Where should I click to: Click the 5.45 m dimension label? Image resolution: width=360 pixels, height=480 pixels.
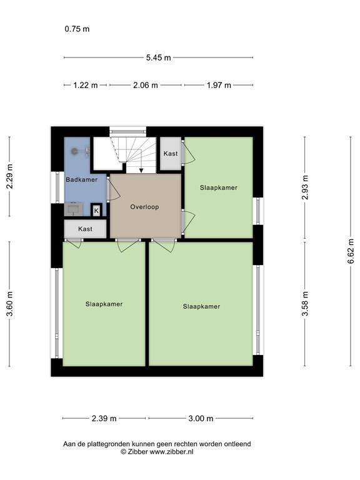(x=159, y=57)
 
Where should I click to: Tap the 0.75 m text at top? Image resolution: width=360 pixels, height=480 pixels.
(x=77, y=29)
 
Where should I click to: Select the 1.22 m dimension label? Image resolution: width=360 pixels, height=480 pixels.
(x=86, y=86)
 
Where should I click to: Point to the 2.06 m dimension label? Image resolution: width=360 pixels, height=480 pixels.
(x=146, y=86)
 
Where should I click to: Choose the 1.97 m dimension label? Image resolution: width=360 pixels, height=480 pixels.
(x=219, y=86)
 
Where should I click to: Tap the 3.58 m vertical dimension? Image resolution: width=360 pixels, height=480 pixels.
(x=304, y=304)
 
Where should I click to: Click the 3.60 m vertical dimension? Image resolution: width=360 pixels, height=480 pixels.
(x=9, y=304)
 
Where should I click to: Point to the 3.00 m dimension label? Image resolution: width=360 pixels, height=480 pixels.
(x=201, y=419)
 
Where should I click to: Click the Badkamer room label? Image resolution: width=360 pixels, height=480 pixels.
(x=81, y=180)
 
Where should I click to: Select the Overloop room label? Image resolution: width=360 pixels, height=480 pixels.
(x=145, y=206)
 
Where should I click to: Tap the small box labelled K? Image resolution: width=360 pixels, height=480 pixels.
(x=96, y=211)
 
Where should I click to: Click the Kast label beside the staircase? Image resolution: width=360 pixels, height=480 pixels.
(x=170, y=154)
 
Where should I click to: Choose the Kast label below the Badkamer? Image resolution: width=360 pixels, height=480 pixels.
(x=85, y=229)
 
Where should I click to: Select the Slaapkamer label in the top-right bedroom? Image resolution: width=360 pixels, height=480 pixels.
(x=218, y=187)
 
